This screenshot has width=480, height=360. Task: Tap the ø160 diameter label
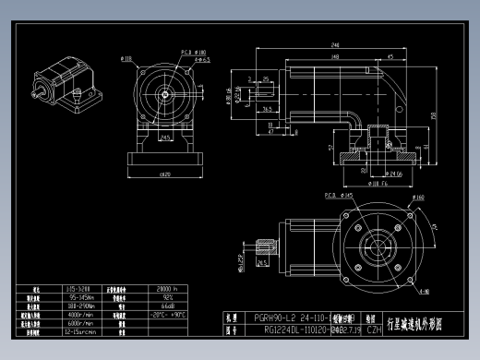417,197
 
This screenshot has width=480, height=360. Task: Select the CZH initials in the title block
374,328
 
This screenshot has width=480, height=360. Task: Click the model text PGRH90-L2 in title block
276,317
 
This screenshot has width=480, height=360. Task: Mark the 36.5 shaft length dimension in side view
265,108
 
